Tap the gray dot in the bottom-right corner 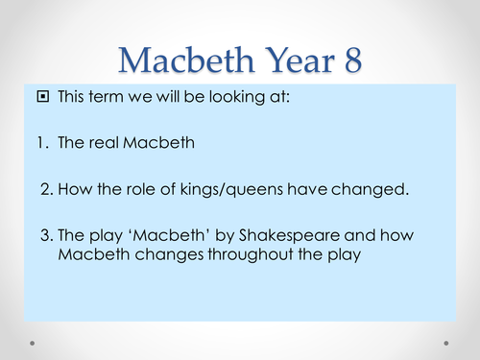(447, 342)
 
